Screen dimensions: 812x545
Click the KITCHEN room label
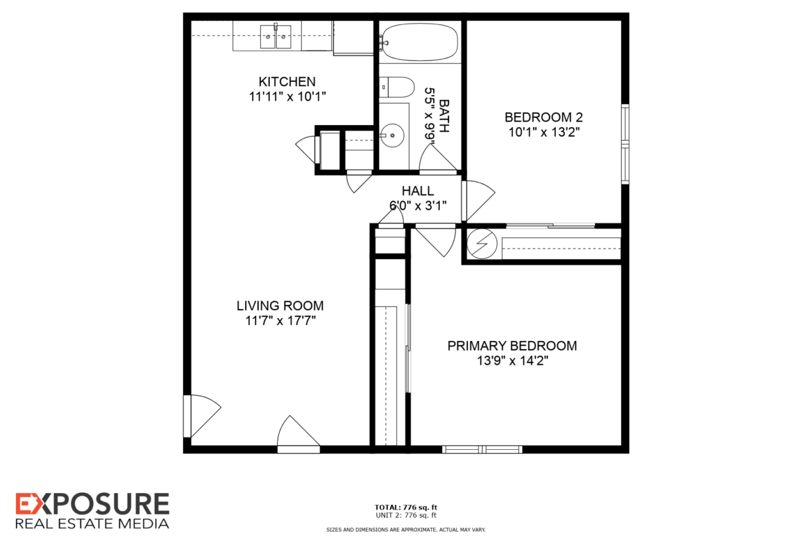pyautogui.click(x=287, y=81)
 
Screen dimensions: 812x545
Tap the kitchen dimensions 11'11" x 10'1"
pyautogui.click(x=287, y=97)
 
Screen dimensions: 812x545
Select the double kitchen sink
pyautogui.click(x=276, y=37)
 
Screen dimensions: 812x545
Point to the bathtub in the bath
pyautogui.click(x=420, y=42)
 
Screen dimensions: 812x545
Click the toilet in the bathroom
pyautogui.click(x=397, y=87)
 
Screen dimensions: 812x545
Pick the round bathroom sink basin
pyautogui.click(x=392, y=135)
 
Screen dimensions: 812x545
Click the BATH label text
pyautogui.click(x=443, y=116)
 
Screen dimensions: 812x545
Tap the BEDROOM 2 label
pyautogui.click(x=543, y=117)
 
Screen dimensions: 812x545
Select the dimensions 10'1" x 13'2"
pyautogui.click(x=543, y=132)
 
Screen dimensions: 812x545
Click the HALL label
pyautogui.click(x=418, y=191)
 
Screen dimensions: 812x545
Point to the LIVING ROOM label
pyautogui.click(x=280, y=305)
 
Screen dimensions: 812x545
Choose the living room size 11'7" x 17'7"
pyautogui.click(x=280, y=321)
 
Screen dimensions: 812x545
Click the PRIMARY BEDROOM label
pyautogui.click(x=512, y=346)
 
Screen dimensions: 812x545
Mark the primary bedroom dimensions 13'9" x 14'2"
pyautogui.click(x=512, y=360)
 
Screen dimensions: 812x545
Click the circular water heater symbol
pyautogui.click(x=482, y=244)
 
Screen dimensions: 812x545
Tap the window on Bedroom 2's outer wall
pyautogui.click(x=625, y=144)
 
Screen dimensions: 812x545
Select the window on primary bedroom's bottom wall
pyautogui.click(x=482, y=449)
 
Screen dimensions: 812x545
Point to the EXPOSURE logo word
pyautogui.click(x=92, y=504)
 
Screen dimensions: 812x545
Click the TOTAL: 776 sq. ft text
pyautogui.click(x=406, y=508)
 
